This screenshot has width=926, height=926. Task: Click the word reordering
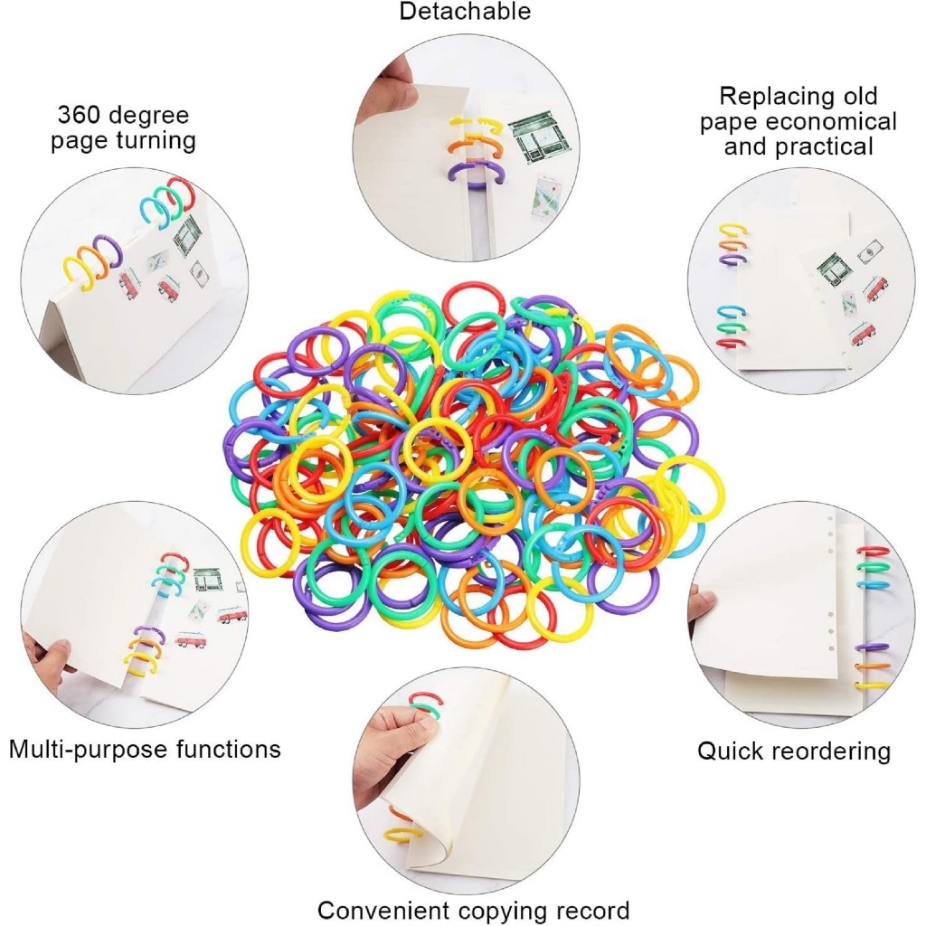tap(835, 752)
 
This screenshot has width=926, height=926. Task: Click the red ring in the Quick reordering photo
tap(874, 551)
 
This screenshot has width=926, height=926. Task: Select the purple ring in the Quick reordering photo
tap(874, 647)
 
